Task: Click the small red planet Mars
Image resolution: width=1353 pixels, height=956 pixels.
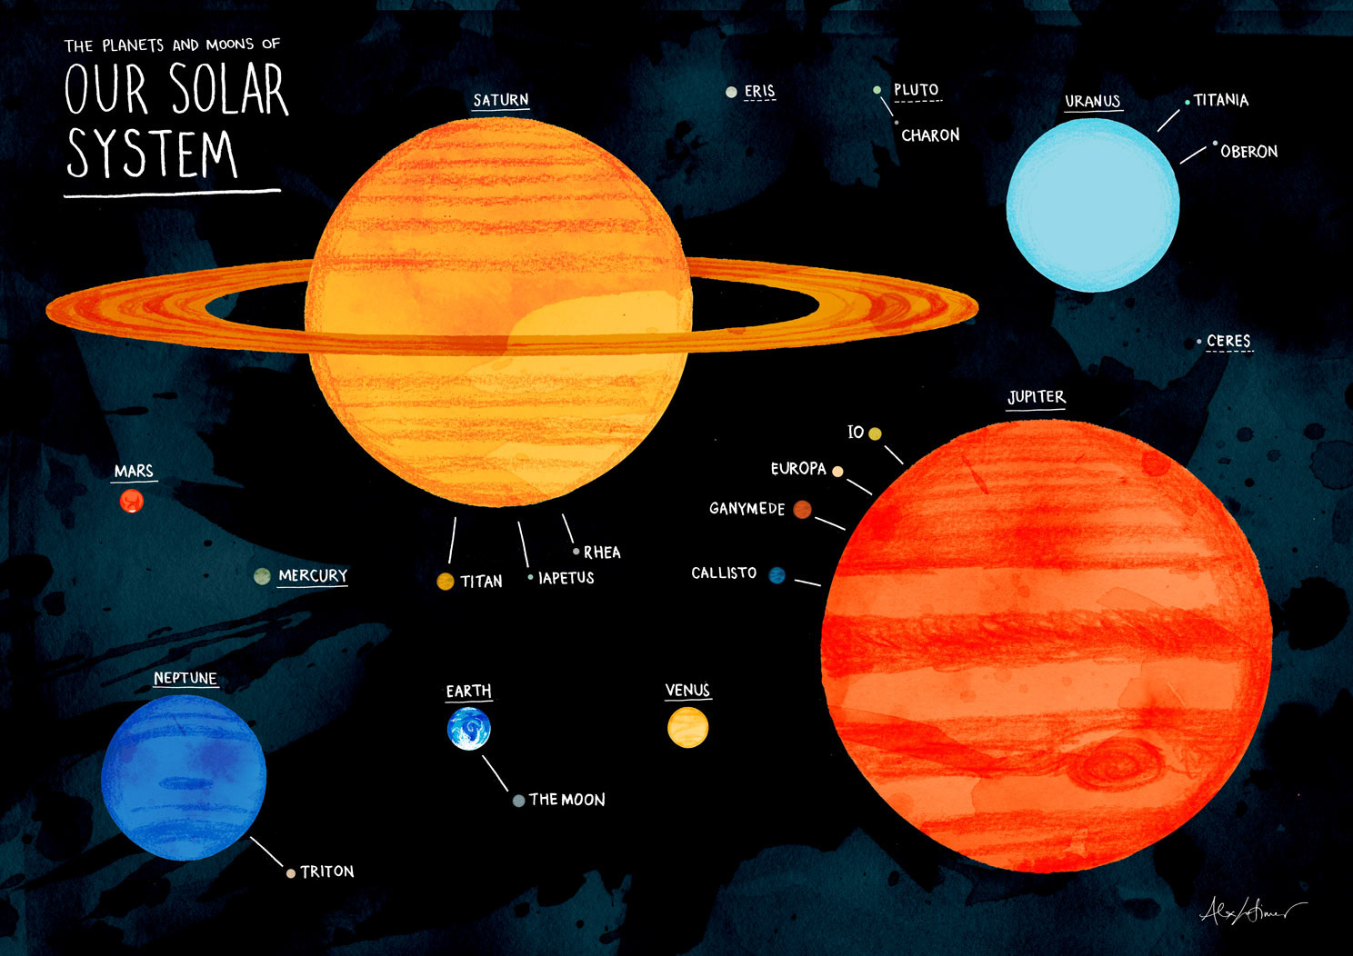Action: [132, 501]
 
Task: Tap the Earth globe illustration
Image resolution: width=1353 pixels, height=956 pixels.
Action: [469, 729]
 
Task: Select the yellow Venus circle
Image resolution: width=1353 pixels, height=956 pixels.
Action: [687, 728]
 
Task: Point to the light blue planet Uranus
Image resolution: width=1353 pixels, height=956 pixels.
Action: [1093, 204]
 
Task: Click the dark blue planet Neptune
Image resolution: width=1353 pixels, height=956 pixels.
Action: [184, 777]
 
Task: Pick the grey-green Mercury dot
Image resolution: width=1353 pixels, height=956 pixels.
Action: [262, 576]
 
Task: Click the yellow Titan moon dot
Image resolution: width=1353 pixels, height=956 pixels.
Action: [446, 582]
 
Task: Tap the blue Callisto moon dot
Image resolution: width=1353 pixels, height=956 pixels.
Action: [777, 575]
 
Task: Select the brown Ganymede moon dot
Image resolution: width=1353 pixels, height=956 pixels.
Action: [802, 509]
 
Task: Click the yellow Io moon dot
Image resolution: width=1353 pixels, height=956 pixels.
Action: [875, 433]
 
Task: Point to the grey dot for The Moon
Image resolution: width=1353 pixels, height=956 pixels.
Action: [518, 801]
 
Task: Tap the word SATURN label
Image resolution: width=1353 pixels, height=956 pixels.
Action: [500, 100]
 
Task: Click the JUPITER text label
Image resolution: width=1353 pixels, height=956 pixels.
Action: [1036, 397]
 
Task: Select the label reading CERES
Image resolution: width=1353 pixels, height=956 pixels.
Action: [1228, 341]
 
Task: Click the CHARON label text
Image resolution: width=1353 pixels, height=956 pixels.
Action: [930, 135]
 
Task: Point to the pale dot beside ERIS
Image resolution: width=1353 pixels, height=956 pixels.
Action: [731, 92]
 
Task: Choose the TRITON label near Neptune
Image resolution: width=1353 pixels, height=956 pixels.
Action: [327, 871]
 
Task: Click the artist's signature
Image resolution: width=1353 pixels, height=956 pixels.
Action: [1250, 909]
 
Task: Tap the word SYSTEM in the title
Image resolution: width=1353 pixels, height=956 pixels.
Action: [152, 154]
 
